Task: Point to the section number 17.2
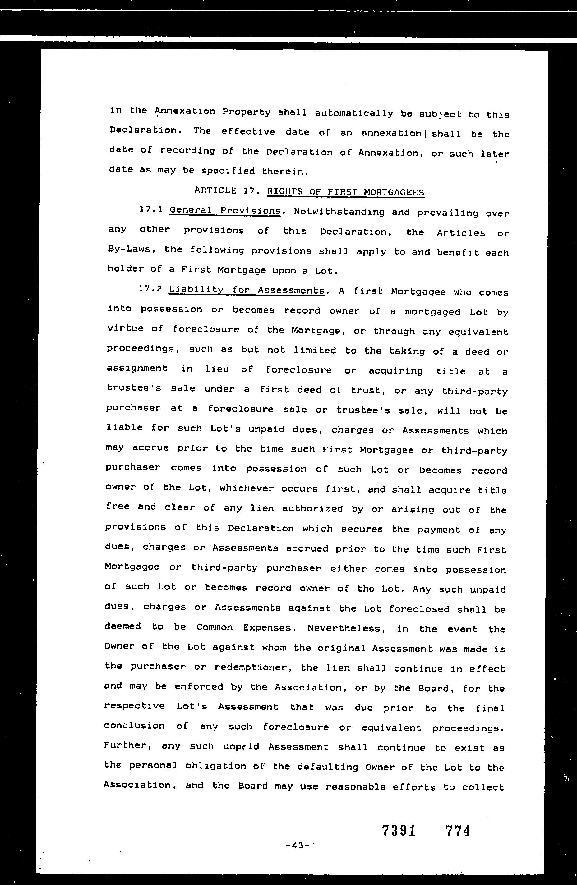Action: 150,289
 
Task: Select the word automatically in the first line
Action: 354,113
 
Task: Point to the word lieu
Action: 217,369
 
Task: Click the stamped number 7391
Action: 399,831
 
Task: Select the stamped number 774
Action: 458,831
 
